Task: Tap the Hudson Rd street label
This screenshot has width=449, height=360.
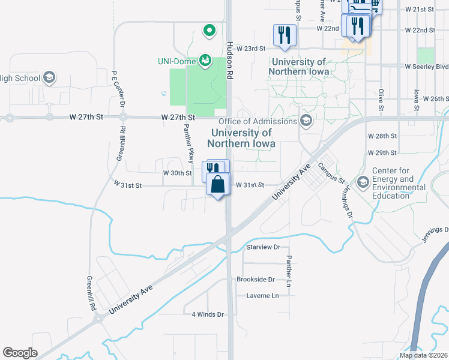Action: coord(229,61)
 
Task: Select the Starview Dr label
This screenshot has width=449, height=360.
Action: coord(264,247)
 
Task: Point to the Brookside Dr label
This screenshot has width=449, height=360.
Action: coord(255,280)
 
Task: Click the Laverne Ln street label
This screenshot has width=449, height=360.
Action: coord(263,296)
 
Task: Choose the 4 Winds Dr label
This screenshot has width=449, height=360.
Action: coord(208,314)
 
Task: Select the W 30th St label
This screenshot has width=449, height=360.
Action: coord(177,173)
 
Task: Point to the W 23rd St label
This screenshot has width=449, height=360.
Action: coord(250,49)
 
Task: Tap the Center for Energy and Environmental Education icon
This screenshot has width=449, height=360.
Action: coord(363,182)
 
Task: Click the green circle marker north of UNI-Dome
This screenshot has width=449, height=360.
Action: coord(209,29)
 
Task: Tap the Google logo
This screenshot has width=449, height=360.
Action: coord(20,353)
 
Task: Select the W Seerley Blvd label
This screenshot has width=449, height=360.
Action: coord(426,66)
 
